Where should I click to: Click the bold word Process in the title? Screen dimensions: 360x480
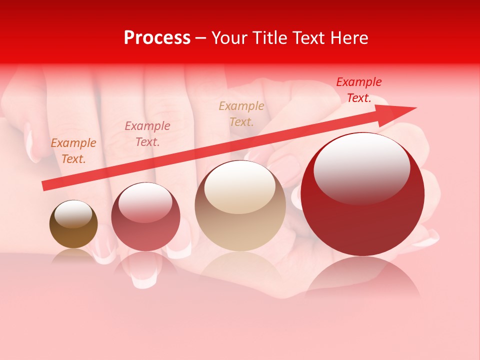(x=157, y=38)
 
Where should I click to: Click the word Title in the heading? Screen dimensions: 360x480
(x=269, y=38)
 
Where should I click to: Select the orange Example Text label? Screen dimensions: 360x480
(x=73, y=151)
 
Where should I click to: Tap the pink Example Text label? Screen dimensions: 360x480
(x=147, y=134)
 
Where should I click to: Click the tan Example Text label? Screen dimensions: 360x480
(x=241, y=113)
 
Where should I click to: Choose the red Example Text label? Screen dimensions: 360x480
(x=359, y=90)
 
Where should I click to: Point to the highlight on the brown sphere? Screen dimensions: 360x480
(x=73, y=214)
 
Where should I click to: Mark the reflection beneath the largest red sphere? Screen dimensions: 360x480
(x=362, y=277)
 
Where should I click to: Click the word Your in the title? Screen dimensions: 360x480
(x=228, y=38)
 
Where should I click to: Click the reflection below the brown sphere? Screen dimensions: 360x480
(x=73, y=256)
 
